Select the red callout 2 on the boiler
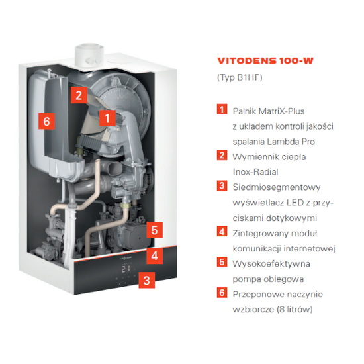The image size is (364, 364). (x=78, y=95)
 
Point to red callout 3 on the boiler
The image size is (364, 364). (x=147, y=280)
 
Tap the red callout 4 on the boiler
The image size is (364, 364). (x=154, y=255)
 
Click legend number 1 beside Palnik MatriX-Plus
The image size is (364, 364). (x=222, y=109)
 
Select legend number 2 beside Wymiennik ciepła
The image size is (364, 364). (x=222, y=156)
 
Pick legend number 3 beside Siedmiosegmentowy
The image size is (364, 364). (x=222, y=186)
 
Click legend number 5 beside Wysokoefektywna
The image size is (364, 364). (x=222, y=262)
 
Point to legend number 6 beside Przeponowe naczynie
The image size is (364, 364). (x=222, y=293)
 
